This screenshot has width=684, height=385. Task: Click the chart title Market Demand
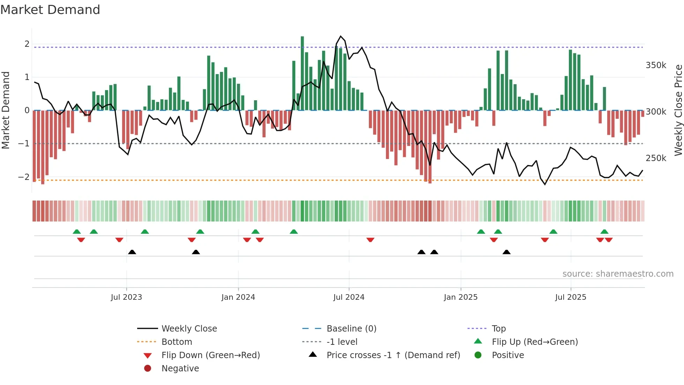pyautogui.click(x=50, y=10)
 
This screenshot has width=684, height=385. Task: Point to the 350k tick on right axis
pyautogui.click(x=656, y=65)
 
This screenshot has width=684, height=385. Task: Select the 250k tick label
pyautogui.click(x=656, y=158)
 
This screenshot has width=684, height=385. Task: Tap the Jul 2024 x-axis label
pyautogui.click(x=349, y=297)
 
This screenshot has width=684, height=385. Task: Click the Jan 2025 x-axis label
pyautogui.click(x=460, y=297)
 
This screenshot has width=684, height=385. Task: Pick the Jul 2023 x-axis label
pyautogui.click(x=126, y=297)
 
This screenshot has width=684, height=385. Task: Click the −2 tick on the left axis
pyautogui.click(x=24, y=177)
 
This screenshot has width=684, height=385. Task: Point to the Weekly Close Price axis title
pyautogui.click(x=678, y=110)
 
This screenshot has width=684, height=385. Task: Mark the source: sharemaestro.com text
pyautogui.click(x=618, y=274)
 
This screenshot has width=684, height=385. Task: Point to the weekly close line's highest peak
pyautogui.click(x=341, y=36)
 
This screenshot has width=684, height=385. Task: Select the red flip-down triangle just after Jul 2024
pyautogui.click(x=370, y=240)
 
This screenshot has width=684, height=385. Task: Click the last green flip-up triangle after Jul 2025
pyautogui.click(x=604, y=232)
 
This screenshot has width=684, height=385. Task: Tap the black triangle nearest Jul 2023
pyautogui.click(x=132, y=252)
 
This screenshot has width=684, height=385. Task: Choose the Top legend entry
pyautogui.click(x=498, y=329)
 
